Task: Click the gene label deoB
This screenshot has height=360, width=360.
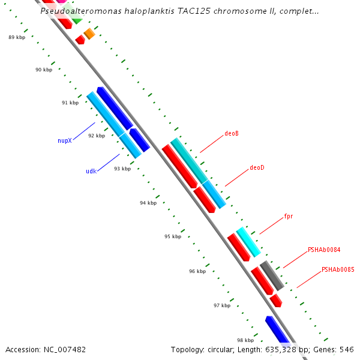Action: pyautogui.click(x=232, y=133)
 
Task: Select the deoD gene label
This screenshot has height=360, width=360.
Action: pyautogui.click(x=257, y=167)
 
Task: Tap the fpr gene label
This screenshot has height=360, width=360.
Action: pyautogui.click(x=289, y=216)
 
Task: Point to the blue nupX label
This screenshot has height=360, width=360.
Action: pyautogui.click(x=65, y=141)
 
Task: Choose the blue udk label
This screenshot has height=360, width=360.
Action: pyautogui.click(x=91, y=171)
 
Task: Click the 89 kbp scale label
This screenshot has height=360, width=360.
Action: pyautogui.click(x=17, y=37)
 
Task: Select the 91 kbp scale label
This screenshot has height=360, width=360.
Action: pyautogui.click(x=70, y=103)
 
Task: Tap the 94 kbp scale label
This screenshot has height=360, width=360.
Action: pyautogui.click(x=148, y=203)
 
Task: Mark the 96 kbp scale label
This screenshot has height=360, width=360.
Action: pyautogui.click(x=197, y=271)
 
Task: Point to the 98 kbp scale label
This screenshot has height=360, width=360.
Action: pyautogui.click(x=245, y=340)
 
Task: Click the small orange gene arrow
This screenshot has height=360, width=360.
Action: pyautogui.click(x=89, y=34)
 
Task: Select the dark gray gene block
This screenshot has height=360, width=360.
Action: pyautogui.click(x=272, y=276)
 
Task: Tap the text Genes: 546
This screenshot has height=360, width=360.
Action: pyautogui.click(x=338, y=349)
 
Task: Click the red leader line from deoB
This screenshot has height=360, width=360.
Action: pyautogui.click(x=211, y=143)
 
